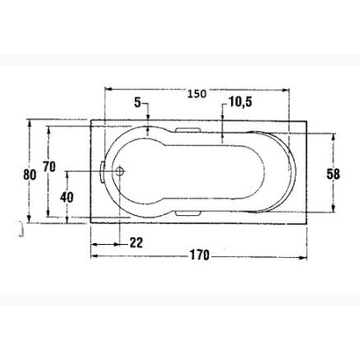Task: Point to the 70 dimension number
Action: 49,167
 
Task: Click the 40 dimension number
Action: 66,197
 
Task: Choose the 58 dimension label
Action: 333,173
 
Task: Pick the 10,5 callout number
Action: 240,103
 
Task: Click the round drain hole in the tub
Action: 121,171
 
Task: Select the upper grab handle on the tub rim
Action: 190,132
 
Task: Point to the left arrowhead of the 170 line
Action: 93,256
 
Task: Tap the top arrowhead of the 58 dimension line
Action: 334,136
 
